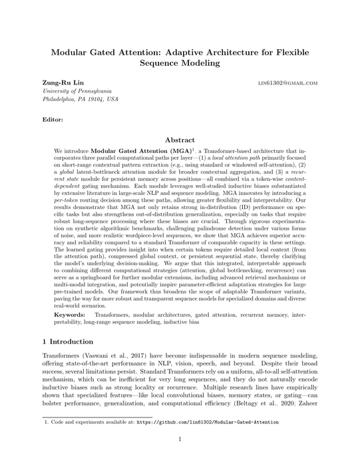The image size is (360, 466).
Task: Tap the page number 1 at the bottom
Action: (x=180, y=439)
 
